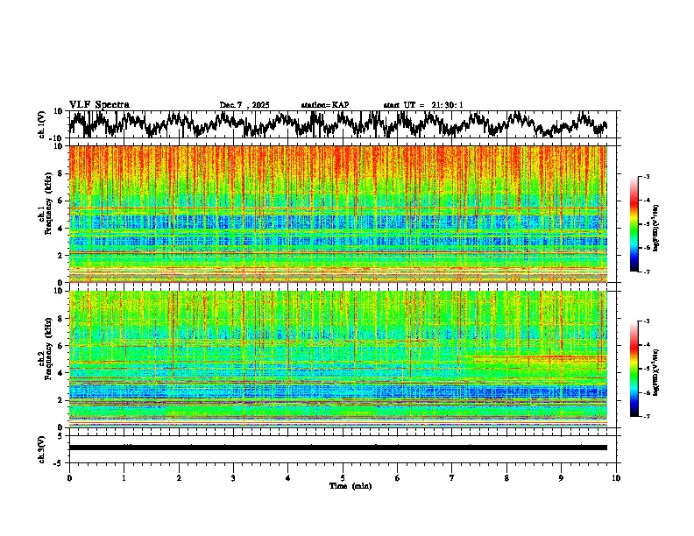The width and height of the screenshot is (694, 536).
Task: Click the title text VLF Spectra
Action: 99,104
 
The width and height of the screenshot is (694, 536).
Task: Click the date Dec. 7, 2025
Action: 247,105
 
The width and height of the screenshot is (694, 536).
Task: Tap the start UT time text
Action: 423,105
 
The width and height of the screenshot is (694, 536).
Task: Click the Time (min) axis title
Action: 343,485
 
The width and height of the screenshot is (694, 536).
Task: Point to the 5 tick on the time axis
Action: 343,477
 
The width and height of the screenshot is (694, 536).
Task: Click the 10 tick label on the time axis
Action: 616,477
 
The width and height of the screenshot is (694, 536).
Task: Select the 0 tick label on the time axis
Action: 69,477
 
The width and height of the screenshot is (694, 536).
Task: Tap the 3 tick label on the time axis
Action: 233,477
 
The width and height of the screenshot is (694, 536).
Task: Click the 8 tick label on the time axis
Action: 506,477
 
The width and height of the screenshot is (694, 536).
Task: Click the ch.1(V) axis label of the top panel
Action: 42,124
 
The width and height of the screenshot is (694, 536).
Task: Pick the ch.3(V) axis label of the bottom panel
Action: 42,448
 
